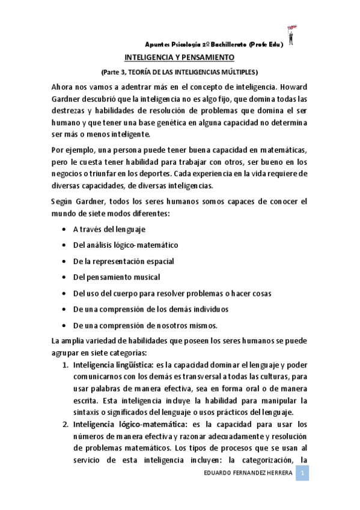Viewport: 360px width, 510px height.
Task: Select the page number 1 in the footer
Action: [x=304, y=475]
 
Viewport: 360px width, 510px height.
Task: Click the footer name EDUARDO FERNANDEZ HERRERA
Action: [x=248, y=475]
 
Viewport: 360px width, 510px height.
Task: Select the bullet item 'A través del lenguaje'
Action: [x=109, y=229]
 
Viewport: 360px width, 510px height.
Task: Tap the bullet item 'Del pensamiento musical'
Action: [x=116, y=277]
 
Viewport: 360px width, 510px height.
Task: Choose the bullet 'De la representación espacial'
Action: [x=123, y=261]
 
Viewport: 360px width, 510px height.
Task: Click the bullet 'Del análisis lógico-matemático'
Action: [x=125, y=245]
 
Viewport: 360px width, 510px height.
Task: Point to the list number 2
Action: [x=66, y=423]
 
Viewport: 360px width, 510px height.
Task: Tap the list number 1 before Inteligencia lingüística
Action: [x=66, y=365]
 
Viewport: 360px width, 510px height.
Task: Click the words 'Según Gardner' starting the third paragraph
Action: [x=76, y=200]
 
